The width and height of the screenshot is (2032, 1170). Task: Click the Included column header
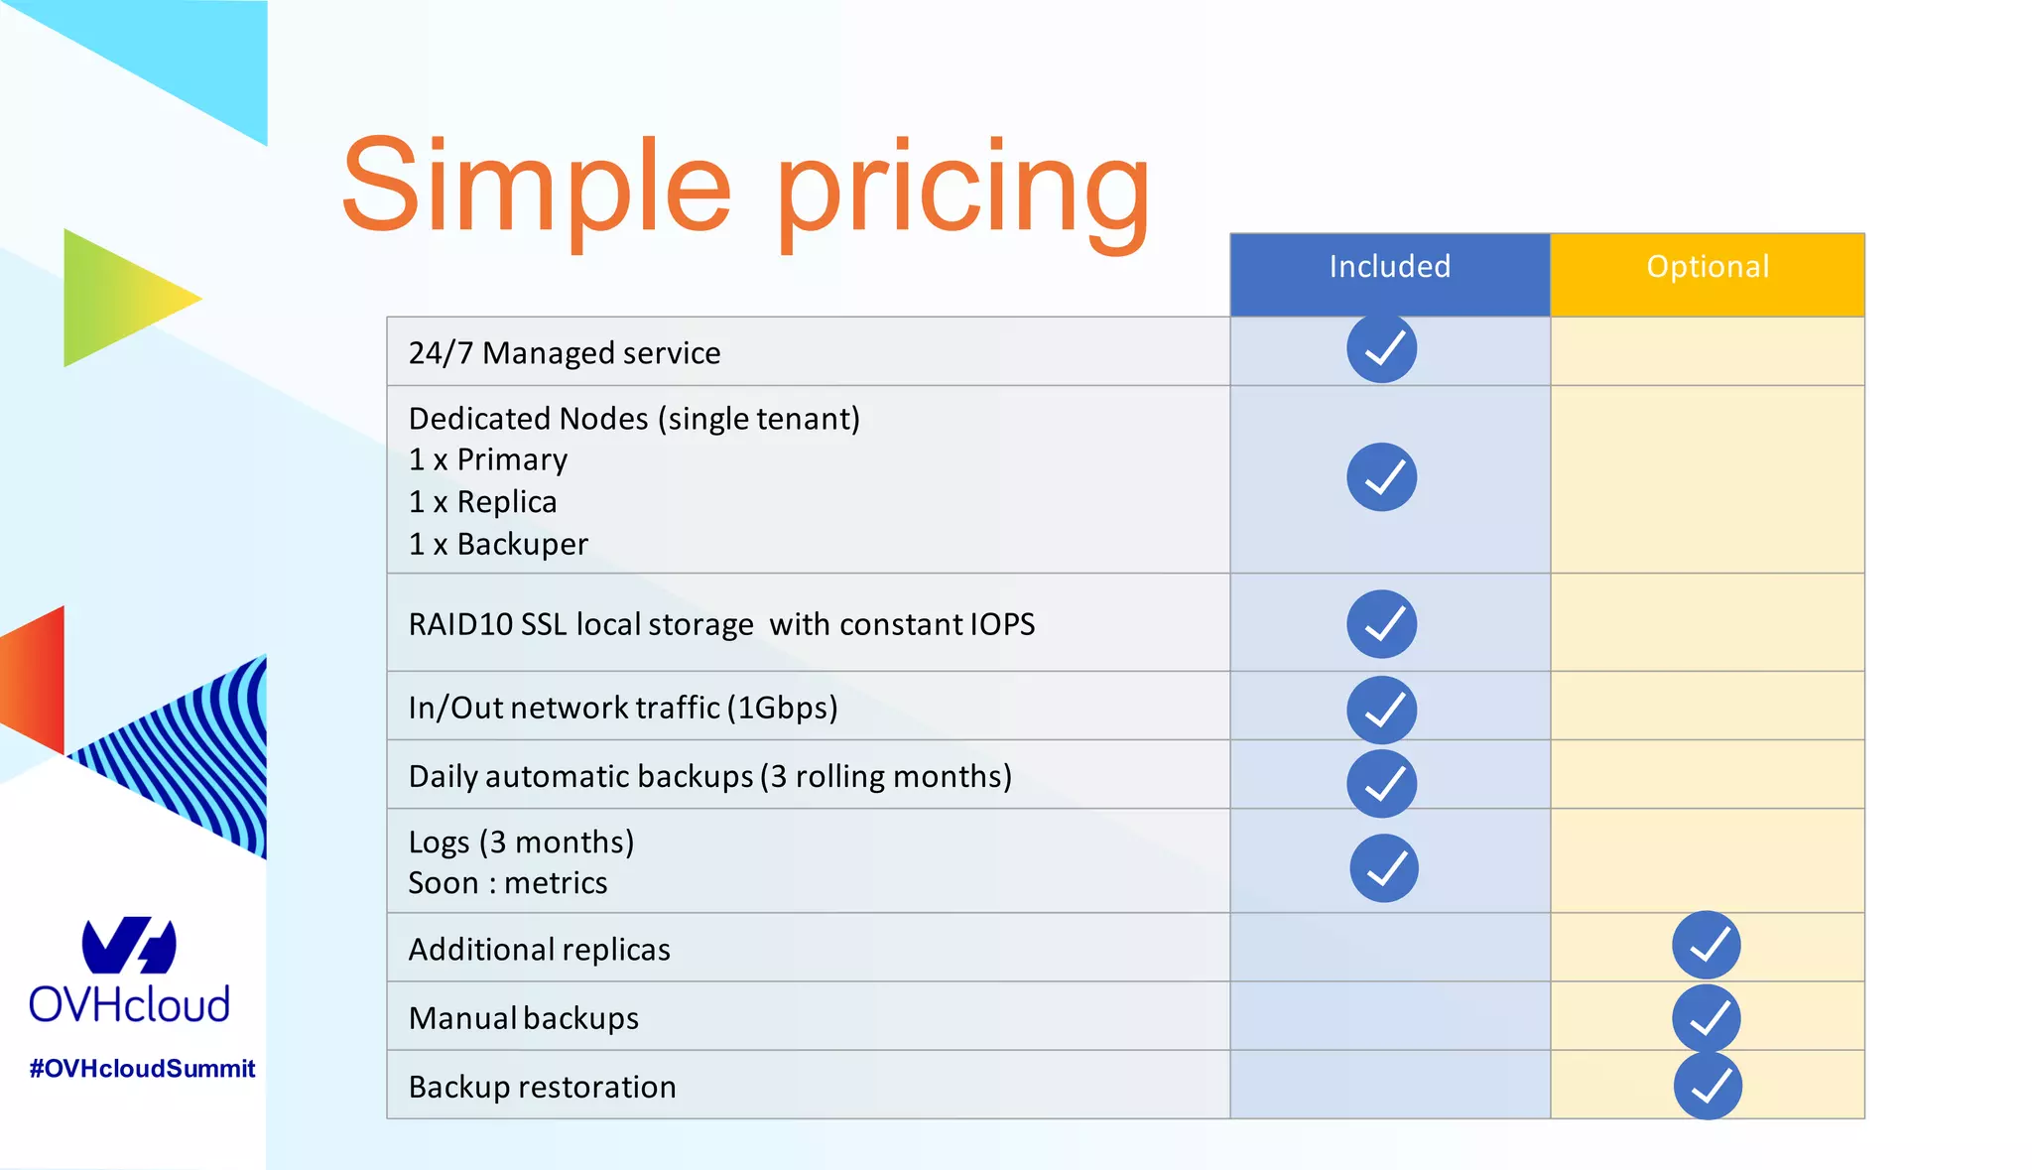[x=1389, y=267]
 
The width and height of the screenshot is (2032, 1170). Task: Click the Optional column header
[x=1707, y=267]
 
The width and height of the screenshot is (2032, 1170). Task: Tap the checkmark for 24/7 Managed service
[x=1381, y=348]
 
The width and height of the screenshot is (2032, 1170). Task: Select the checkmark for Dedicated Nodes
[x=1381, y=477]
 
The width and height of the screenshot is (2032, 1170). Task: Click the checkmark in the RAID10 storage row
[x=1381, y=624]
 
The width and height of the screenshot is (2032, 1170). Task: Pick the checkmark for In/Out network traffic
[x=1381, y=710]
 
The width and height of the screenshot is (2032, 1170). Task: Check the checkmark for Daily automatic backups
[x=1381, y=783]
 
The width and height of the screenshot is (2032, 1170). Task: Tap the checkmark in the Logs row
[x=1383, y=868]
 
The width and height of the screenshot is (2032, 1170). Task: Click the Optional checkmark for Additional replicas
[x=1706, y=945]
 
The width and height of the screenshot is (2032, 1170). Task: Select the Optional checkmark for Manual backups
[x=1706, y=1018]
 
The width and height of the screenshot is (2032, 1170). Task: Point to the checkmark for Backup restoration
[x=1707, y=1087]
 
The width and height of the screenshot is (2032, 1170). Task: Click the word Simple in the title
[x=536, y=189]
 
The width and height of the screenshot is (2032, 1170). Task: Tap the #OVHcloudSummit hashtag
[x=142, y=1069]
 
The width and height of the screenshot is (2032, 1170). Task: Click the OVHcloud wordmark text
[x=129, y=1005]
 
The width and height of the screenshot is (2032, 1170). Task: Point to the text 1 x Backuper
[x=498, y=544]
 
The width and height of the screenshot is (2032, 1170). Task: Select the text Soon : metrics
[x=508, y=883]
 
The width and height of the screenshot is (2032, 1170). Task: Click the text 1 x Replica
[x=482, y=502]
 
